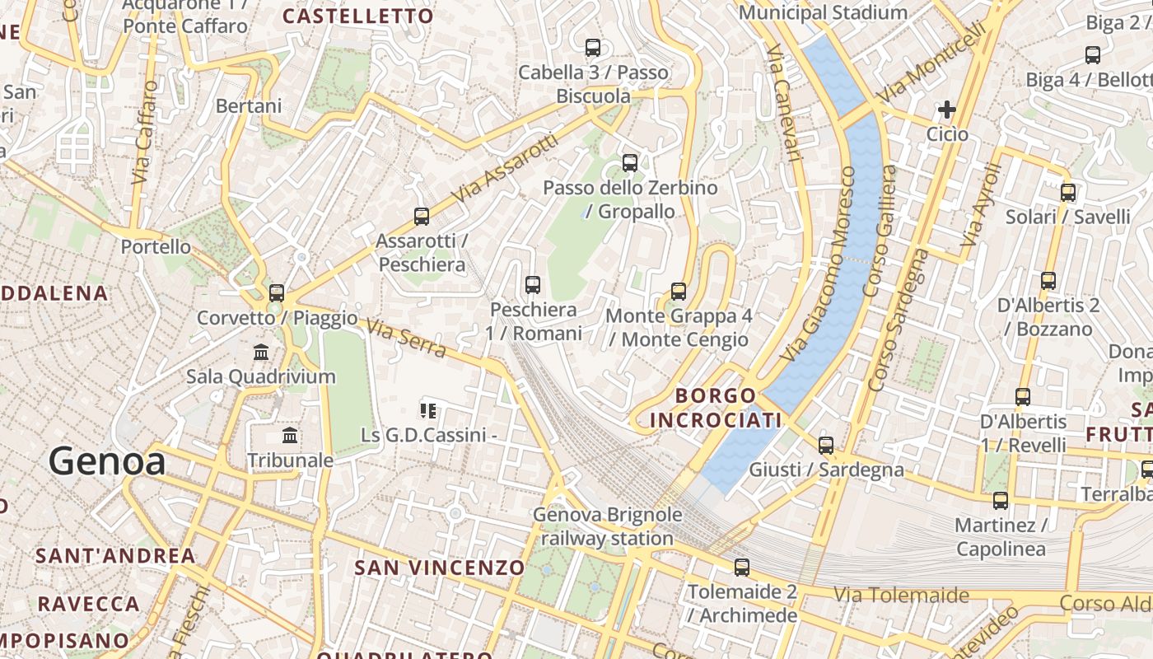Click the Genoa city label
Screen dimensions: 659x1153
[x=107, y=461]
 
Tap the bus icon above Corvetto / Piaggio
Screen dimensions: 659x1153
[x=277, y=292]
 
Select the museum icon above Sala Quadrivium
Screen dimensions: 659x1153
[x=261, y=352]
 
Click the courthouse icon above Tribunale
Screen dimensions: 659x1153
[x=290, y=435]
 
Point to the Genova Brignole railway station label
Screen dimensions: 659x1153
[x=608, y=526]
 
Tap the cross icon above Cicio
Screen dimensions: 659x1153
[x=947, y=109]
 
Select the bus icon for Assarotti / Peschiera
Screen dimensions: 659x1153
[x=422, y=217]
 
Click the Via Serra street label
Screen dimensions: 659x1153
[x=406, y=339]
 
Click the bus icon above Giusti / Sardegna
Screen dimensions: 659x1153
[x=826, y=446]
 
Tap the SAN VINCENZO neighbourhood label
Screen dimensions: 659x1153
[x=439, y=568]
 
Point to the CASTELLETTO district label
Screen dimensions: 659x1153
[x=357, y=16]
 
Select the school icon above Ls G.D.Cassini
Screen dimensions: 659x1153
[x=427, y=410]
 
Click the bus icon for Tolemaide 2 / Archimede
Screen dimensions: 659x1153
[x=742, y=567]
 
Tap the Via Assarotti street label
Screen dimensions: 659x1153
[x=505, y=171]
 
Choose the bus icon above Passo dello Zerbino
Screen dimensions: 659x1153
[x=630, y=163]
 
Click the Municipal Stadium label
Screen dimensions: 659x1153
[x=823, y=12]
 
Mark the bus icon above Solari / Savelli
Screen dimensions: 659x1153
[x=1068, y=193]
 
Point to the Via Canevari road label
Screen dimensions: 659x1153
[x=783, y=103]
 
